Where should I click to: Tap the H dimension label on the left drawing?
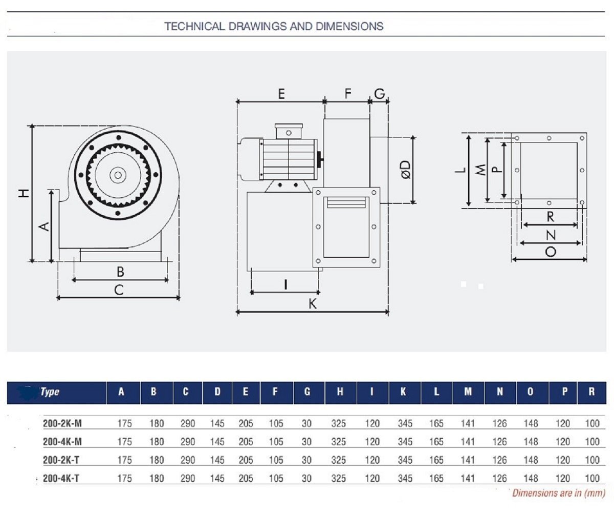24,193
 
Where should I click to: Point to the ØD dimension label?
406,169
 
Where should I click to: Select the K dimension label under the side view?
313,303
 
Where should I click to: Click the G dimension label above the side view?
379,94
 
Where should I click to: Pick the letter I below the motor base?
285,285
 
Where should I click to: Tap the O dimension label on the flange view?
551,252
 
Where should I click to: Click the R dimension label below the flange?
550,217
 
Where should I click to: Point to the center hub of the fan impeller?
118,175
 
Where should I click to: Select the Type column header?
50,392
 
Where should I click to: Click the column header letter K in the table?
403,392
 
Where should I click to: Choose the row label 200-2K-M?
62,423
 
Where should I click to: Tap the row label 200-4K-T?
61,479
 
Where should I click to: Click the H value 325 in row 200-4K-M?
338,442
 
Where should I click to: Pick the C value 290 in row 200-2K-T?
188,460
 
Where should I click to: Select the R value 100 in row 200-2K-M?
592,423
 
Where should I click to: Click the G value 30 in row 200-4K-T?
306,479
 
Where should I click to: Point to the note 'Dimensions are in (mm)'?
559,493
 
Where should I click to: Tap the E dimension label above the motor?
281,94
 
